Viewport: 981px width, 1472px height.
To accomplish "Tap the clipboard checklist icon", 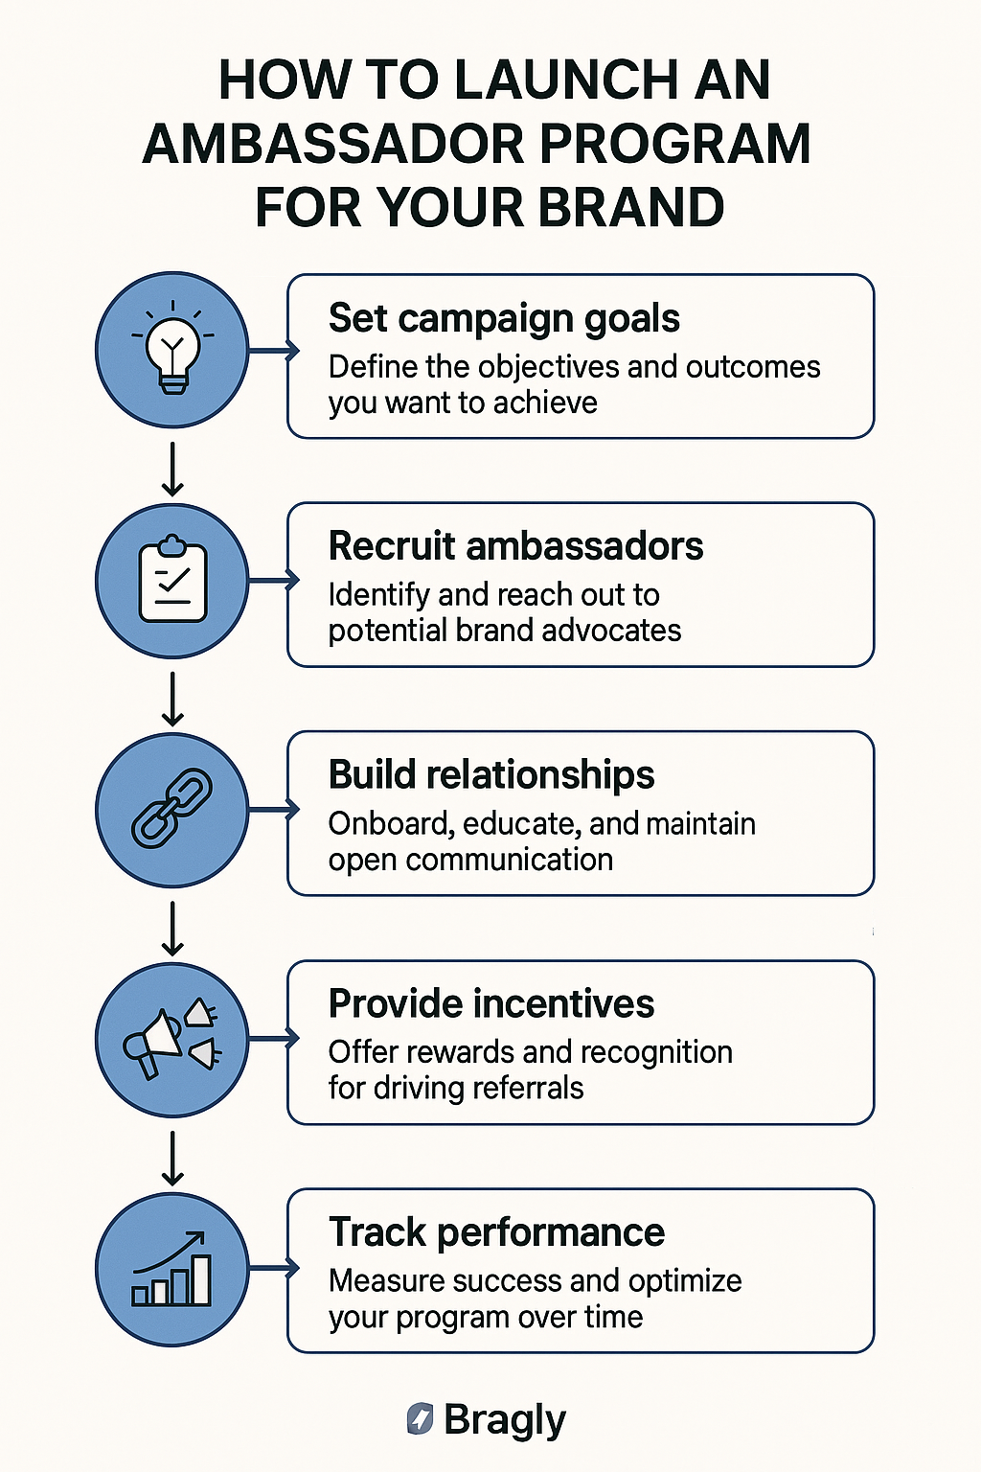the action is (x=172, y=578).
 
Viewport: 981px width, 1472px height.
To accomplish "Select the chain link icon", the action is (x=172, y=808).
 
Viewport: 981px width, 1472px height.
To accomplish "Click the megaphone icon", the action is (x=171, y=1038).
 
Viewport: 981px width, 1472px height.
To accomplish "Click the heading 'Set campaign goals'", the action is (x=504, y=320).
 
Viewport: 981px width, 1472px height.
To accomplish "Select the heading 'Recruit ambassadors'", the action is (x=515, y=546).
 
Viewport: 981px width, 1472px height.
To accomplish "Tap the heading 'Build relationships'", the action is (x=491, y=774).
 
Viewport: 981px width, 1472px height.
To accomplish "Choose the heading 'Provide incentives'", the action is (x=491, y=1003).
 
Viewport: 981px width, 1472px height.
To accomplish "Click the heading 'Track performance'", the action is (x=497, y=1232).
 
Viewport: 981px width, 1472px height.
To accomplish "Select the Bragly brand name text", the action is (x=505, y=1421).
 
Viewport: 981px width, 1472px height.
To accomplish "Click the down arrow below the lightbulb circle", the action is (x=172, y=469).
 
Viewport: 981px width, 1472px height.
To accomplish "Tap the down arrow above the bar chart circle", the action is (x=172, y=1158).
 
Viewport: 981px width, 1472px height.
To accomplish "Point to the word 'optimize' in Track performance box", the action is (x=685, y=1282).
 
